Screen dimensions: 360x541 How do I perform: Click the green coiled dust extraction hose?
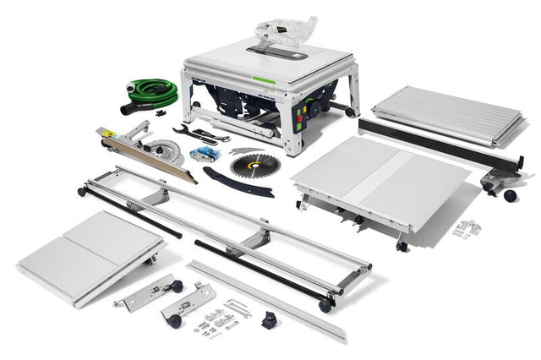pos(154,91)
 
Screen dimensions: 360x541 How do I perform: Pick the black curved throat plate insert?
pos(238,182)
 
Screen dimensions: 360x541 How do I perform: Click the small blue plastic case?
pos(205,154)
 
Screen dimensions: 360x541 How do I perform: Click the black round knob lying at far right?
pos(510,195)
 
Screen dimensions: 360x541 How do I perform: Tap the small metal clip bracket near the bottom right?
pos(466,228)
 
